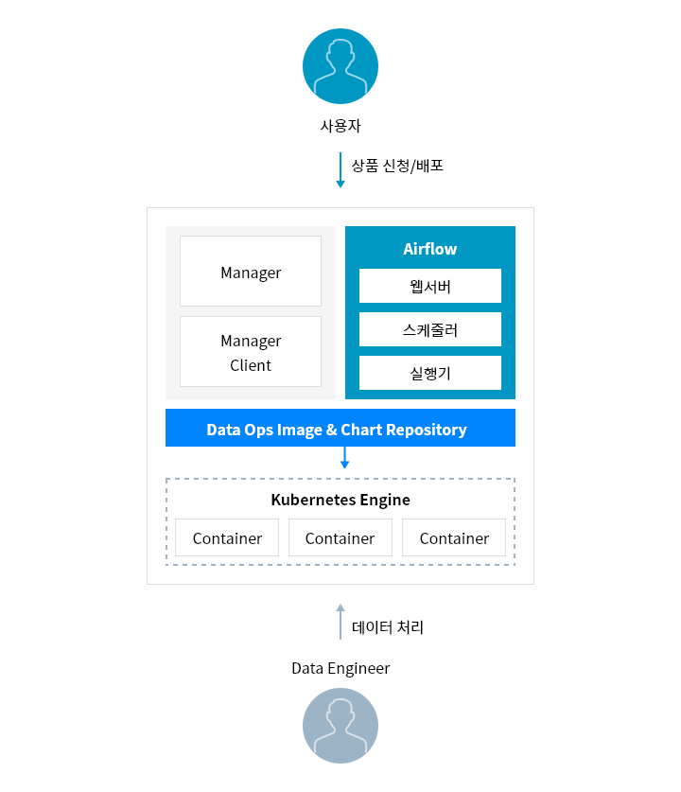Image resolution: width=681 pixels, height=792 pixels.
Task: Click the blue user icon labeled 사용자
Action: (x=340, y=66)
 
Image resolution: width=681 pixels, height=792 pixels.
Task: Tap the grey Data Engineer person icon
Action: (x=340, y=726)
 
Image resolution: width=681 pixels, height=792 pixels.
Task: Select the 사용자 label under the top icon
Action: (x=340, y=126)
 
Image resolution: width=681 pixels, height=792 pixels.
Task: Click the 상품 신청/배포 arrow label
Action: (x=397, y=166)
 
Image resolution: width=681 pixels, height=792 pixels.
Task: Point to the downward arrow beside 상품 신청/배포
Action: (x=340, y=170)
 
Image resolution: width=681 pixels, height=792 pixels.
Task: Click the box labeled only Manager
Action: (x=251, y=271)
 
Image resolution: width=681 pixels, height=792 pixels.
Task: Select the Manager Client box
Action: (x=251, y=352)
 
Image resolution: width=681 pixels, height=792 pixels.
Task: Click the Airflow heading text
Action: (x=430, y=249)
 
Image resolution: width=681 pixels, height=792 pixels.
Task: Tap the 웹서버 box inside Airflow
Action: (x=430, y=286)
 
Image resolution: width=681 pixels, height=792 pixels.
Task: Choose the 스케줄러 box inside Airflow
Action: (x=430, y=329)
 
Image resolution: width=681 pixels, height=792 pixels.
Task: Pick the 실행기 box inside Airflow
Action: (x=430, y=373)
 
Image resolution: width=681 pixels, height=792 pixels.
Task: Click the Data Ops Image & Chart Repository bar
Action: (x=340, y=428)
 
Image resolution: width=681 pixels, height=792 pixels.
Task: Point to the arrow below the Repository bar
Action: (x=345, y=458)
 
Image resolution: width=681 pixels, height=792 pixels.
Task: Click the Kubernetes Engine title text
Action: (x=340, y=500)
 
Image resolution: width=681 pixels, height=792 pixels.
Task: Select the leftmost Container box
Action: (x=227, y=537)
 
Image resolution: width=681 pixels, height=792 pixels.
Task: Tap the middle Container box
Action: (x=340, y=537)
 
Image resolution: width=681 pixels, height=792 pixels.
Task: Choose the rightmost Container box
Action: (x=454, y=537)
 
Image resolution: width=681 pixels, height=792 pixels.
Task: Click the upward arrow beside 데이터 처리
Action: (x=340, y=622)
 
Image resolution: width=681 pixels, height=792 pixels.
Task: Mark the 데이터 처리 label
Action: (x=388, y=627)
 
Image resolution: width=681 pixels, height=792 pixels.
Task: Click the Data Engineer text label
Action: (x=340, y=669)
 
